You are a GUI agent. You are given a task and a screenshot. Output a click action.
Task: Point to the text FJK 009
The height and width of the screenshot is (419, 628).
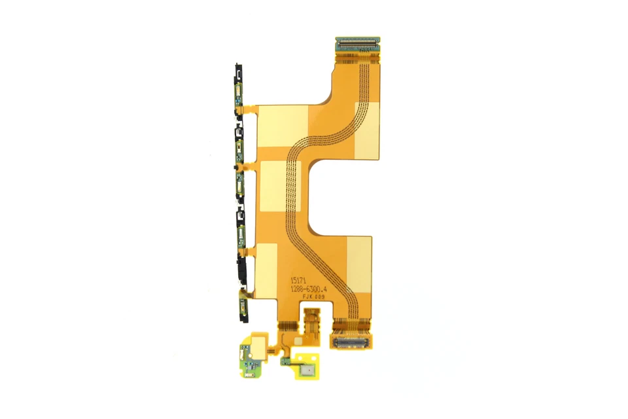pyautogui.click(x=311, y=296)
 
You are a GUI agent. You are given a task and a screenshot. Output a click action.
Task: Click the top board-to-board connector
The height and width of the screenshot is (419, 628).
pyautogui.click(x=357, y=44)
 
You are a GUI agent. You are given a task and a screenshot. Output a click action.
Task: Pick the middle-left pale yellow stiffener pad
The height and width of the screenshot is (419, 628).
pyautogui.click(x=279, y=187)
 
